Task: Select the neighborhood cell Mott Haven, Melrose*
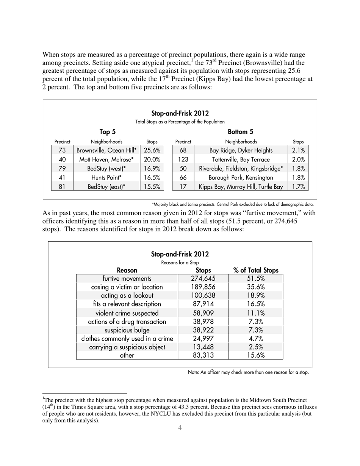106,160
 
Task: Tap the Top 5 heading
108,132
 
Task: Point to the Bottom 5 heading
240,132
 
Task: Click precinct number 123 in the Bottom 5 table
183,160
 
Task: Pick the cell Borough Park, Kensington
241,177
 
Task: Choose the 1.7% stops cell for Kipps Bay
298,186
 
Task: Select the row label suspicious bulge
127,330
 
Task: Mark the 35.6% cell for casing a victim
256,287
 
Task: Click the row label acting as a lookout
127,296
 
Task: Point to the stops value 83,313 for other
203,355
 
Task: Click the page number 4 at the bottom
180,428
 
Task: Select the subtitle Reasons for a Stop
180,263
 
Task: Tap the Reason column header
127,271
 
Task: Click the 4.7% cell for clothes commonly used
256,339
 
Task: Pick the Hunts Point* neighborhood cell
106,177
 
